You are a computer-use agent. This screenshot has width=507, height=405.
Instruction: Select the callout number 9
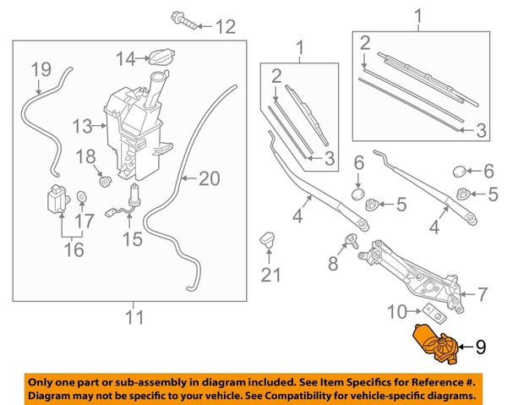(481, 345)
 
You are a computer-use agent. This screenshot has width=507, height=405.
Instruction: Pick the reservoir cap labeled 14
(158, 57)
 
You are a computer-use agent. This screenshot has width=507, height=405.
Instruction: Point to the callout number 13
(81, 128)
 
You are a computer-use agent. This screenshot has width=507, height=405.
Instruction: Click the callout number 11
(133, 318)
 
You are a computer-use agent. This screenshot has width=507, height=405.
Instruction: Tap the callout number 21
(269, 274)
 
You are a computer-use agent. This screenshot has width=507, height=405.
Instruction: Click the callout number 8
(331, 265)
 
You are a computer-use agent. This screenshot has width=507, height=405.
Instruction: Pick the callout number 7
(483, 295)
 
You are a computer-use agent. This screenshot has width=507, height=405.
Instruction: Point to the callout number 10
(397, 313)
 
